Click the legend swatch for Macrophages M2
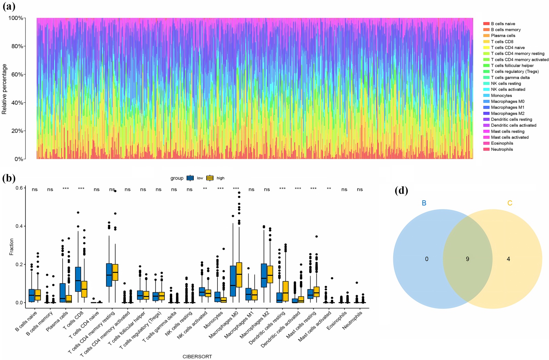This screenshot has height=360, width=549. coord(486,113)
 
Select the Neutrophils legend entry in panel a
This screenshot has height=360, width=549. coord(502,149)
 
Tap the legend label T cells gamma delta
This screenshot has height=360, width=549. coord(510,78)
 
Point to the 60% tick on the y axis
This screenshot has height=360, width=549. coord(17,75)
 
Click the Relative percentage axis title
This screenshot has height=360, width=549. coord(4,89)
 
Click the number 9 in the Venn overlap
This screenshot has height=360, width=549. coord(467,259)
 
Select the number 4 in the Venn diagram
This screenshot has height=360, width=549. coord(508,259)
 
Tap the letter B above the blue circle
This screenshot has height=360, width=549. coord(424,203)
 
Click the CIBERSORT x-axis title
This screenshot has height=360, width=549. coord(197,357)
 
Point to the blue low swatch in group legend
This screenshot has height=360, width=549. coord(190,178)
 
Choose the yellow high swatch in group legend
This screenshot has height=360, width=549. coord(210,178)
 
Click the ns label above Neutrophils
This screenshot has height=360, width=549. coord(360,190)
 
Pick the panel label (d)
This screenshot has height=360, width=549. coord(401,191)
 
